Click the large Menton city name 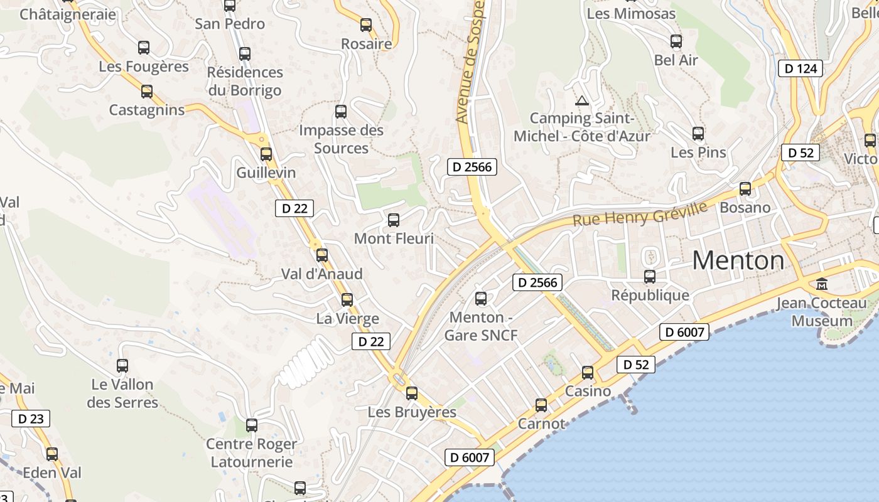[x=738, y=260]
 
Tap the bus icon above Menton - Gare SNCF [x=481, y=299]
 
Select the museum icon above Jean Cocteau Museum [x=822, y=284]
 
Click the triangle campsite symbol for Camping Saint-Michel [x=582, y=100]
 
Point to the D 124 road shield [x=801, y=68]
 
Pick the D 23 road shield [x=30, y=419]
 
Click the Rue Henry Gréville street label [x=640, y=214]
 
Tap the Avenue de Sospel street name [x=470, y=61]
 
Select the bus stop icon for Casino [x=588, y=373]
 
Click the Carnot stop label [x=541, y=424]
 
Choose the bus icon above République [x=650, y=276]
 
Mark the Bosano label [x=745, y=207]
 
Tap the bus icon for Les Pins [x=698, y=134]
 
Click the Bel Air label [x=676, y=60]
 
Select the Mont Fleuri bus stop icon [x=394, y=220]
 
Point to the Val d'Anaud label [x=322, y=274]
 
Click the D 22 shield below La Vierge [x=370, y=341]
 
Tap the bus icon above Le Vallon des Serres [x=122, y=366]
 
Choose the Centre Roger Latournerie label [x=252, y=453]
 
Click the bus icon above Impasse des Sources [x=341, y=112]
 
